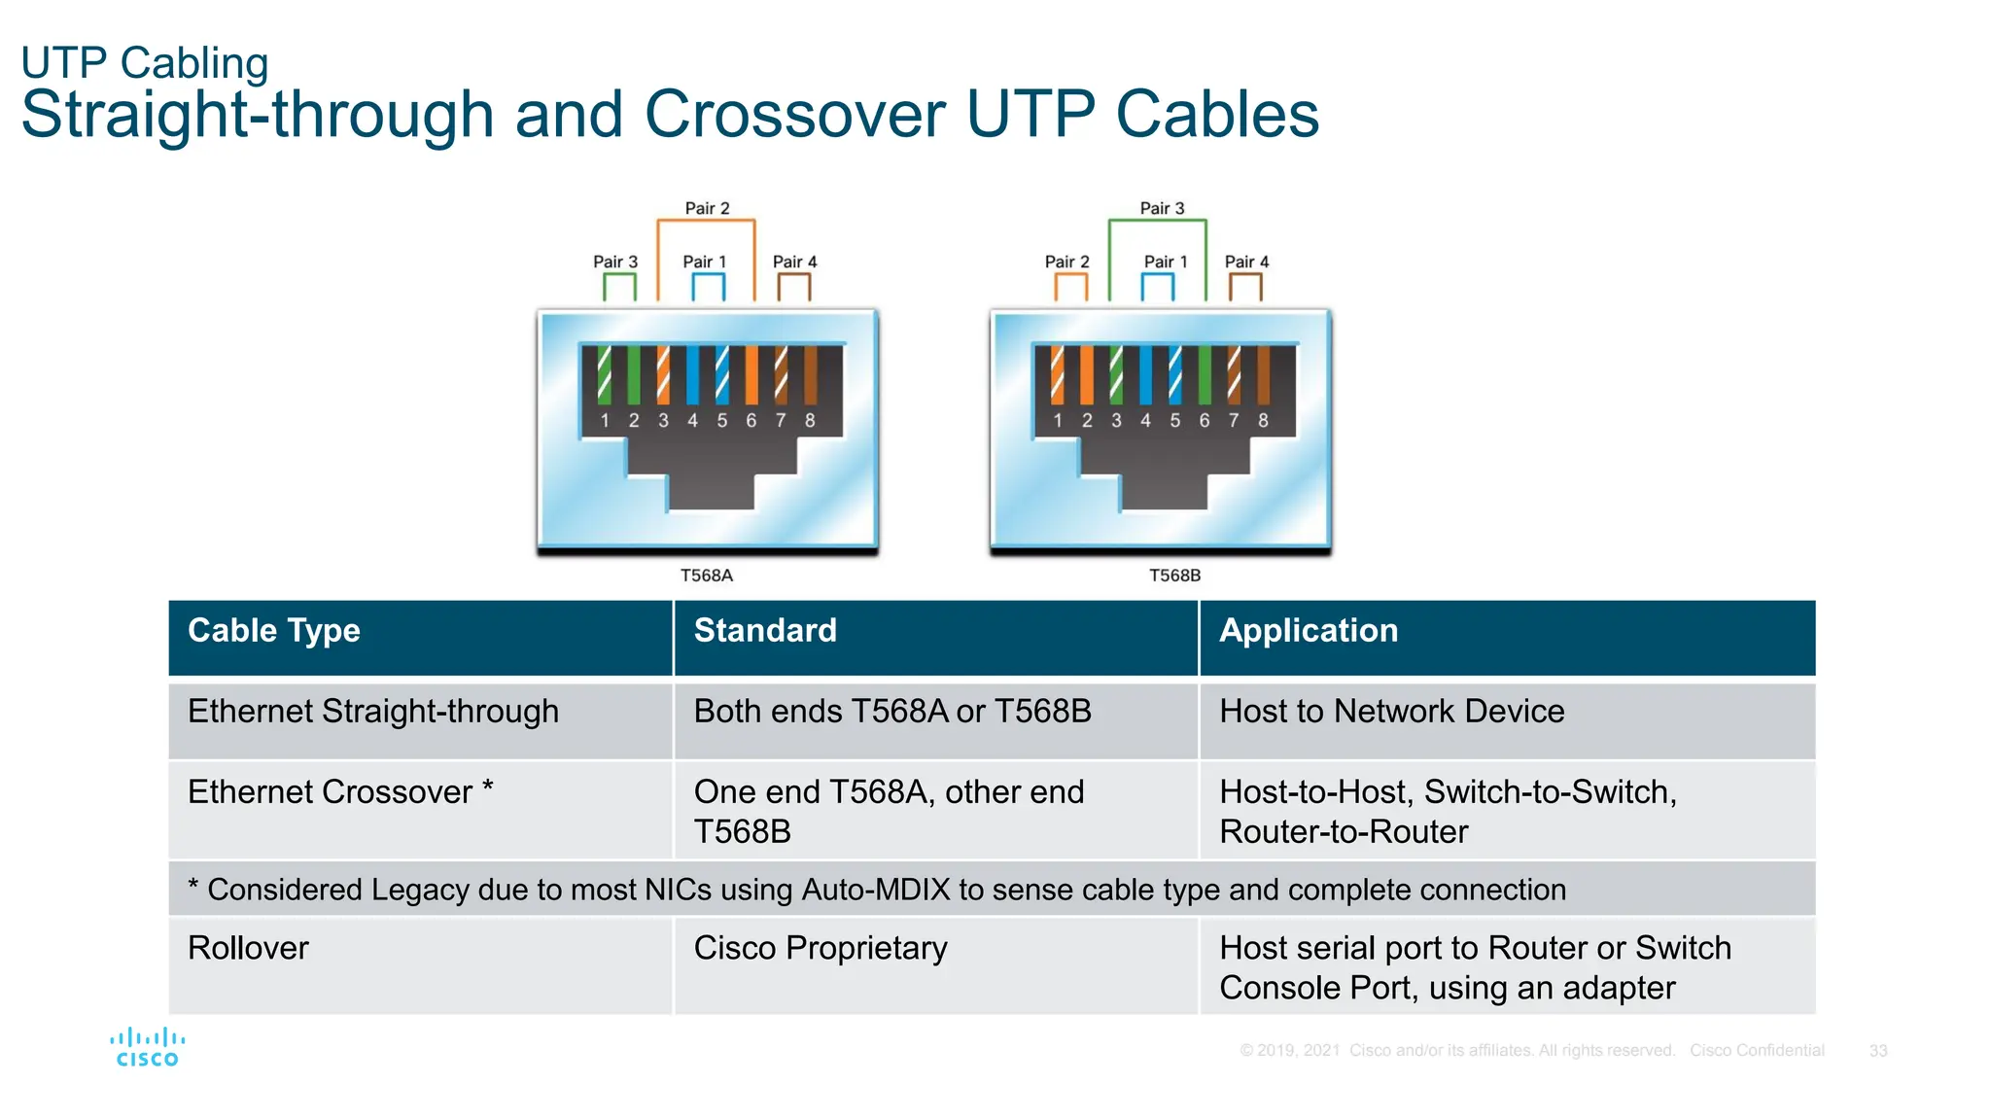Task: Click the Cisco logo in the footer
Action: click(147, 1048)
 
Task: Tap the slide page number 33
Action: click(1877, 1051)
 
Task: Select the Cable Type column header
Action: click(273, 631)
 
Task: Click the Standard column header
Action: click(765, 631)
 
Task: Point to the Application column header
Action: click(1309, 631)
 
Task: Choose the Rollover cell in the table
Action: click(248, 948)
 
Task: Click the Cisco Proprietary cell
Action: click(820, 948)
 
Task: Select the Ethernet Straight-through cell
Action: click(373, 712)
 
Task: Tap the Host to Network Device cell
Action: click(1392, 712)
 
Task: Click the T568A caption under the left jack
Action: click(707, 576)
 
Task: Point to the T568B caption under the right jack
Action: click(1174, 576)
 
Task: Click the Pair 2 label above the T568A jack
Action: click(707, 208)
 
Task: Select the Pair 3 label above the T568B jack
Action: click(1162, 208)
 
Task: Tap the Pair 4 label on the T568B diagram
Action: click(1246, 262)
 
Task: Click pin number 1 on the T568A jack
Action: click(605, 421)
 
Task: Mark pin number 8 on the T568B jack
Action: click(1263, 421)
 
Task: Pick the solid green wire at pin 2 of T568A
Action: click(634, 374)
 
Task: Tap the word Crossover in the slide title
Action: click(794, 115)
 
